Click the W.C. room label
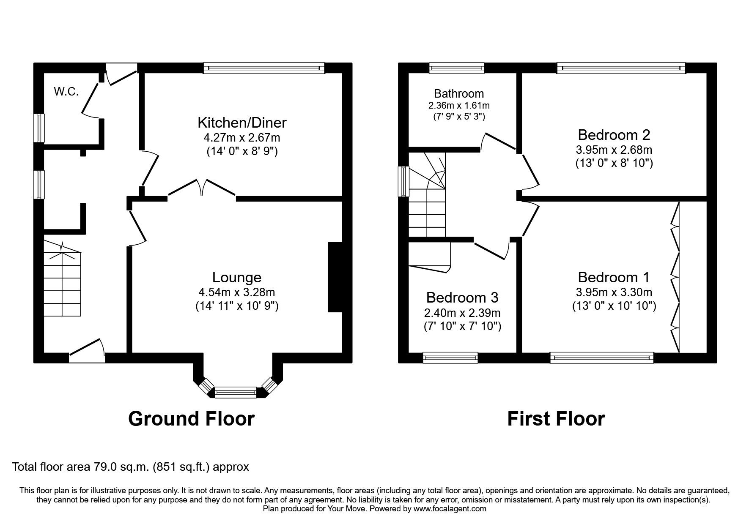pos(66,92)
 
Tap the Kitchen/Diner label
pos(242,123)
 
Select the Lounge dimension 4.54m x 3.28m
pos(236,292)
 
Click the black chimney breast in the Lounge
pos(335,277)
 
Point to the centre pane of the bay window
pos(236,392)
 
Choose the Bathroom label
pos(459,93)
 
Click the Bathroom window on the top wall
pos(456,68)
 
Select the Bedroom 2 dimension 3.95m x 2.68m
pos(614,150)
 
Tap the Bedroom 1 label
pos(614,277)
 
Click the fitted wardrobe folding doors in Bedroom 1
pos(675,277)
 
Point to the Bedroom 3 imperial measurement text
pos(462,326)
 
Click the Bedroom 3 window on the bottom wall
pos(450,358)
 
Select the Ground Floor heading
pos(191,419)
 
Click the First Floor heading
pos(556,419)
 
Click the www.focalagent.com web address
pos(450,509)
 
